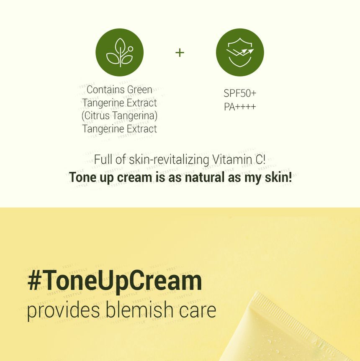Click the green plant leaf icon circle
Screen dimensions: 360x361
click(120, 52)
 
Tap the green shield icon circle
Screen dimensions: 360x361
click(240, 52)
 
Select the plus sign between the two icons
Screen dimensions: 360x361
click(180, 52)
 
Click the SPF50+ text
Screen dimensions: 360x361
click(240, 93)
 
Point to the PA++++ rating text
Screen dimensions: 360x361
click(240, 107)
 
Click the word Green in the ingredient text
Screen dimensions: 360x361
click(139, 90)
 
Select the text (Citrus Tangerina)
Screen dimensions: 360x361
click(120, 115)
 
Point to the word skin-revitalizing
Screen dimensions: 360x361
click(169, 159)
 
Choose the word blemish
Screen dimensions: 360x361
click(139, 309)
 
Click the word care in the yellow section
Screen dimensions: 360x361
click(198, 311)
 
